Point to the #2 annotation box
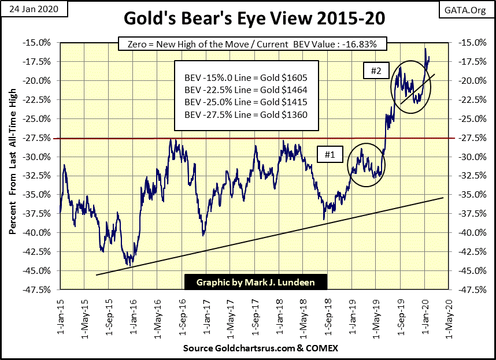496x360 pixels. point(376,71)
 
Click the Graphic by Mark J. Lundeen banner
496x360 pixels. point(256,282)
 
